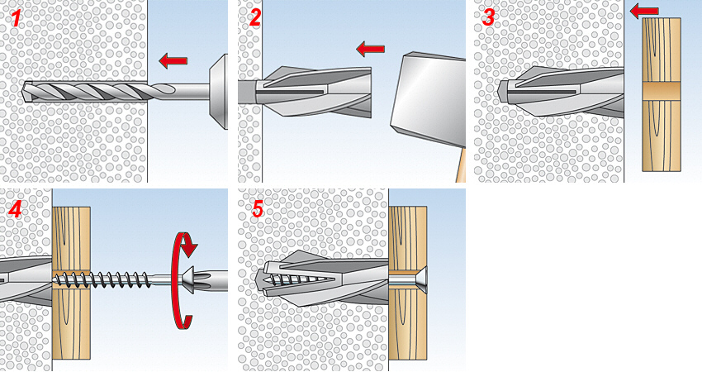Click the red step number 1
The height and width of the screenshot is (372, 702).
tap(17, 18)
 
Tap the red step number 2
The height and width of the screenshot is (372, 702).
tap(254, 17)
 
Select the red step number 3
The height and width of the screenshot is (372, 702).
tap(488, 17)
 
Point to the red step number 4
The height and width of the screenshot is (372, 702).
tap(16, 209)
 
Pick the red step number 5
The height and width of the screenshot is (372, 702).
tap(258, 209)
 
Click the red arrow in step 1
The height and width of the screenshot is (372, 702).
tap(173, 60)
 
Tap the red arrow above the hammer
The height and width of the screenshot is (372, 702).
tap(370, 49)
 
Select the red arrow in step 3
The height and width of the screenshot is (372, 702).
tap(644, 11)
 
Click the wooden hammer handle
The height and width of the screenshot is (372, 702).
tap(461, 165)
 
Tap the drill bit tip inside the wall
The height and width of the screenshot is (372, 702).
tap(24, 92)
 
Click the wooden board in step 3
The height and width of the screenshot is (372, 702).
tap(662, 94)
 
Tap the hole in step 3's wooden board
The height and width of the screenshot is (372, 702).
tap(662, 92)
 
